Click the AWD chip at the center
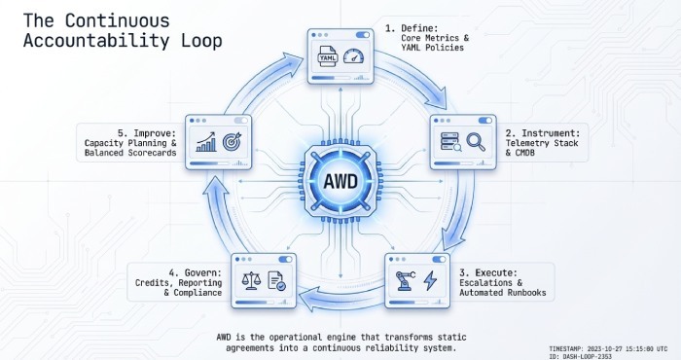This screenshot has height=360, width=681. click(x=340, y=180)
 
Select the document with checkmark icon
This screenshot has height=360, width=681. click(x=276, y=282)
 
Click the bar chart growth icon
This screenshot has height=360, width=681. click(x=206, y=143)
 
